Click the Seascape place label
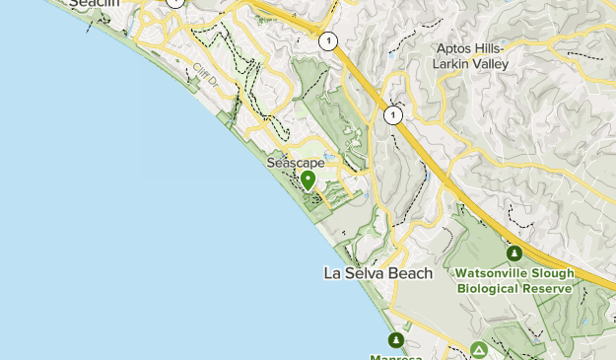[296, 163]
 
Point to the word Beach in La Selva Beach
[411, 273]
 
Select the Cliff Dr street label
[205, 74]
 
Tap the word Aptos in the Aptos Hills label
[456, 49]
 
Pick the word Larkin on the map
[451, 64]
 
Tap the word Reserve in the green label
[549, 288]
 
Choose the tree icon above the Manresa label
[395, 340]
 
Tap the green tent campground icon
[478, 350]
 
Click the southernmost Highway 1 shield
[394, 115]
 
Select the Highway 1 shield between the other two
[326, 41]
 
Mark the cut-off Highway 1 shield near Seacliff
[174, 2]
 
